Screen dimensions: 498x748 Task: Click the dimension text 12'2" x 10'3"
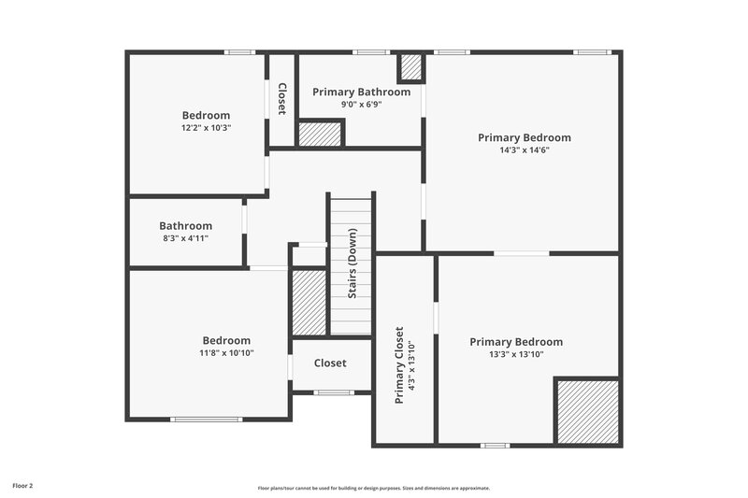[206, 128]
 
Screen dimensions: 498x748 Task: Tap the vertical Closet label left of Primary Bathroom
[281, 99]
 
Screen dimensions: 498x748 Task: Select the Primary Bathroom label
[361, 92]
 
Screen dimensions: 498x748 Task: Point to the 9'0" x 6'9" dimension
[361, 104]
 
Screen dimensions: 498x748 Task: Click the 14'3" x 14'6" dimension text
[524, 149]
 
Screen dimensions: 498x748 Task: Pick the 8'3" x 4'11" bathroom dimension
[185, 238]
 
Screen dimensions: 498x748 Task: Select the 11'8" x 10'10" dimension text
[226, 353]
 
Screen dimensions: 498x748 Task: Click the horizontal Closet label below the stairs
[329, 363]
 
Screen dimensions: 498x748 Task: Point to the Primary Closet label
[398, 364]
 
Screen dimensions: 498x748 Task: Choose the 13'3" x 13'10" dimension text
[516, 354]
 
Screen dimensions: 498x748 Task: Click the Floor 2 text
[23, 486]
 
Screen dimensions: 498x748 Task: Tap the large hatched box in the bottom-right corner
[587, 411]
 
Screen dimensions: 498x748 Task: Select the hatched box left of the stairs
[308, 302]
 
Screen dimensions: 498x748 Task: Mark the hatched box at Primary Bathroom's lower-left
[320, 134]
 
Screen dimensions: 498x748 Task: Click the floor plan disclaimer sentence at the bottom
[374, 488]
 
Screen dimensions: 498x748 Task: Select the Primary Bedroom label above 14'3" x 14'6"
[524, 137]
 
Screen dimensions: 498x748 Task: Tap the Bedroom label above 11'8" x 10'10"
[226, 340]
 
